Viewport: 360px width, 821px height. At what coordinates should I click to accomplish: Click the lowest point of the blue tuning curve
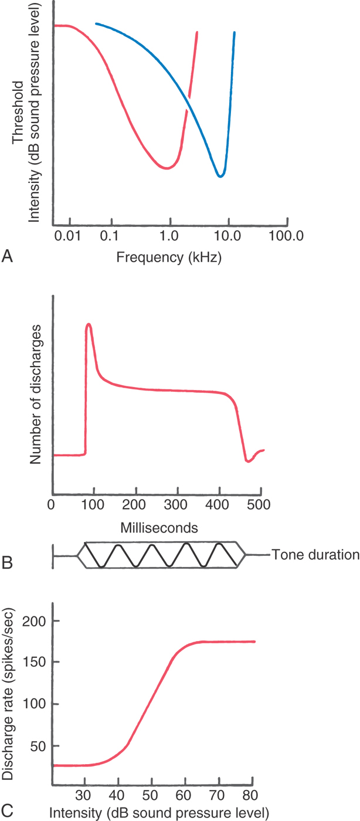point(220,176)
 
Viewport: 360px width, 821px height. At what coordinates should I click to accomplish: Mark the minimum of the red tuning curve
point(167,168)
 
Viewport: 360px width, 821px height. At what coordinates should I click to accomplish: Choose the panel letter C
point(7,812)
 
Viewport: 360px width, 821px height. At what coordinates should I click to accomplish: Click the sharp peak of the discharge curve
point(89,324)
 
